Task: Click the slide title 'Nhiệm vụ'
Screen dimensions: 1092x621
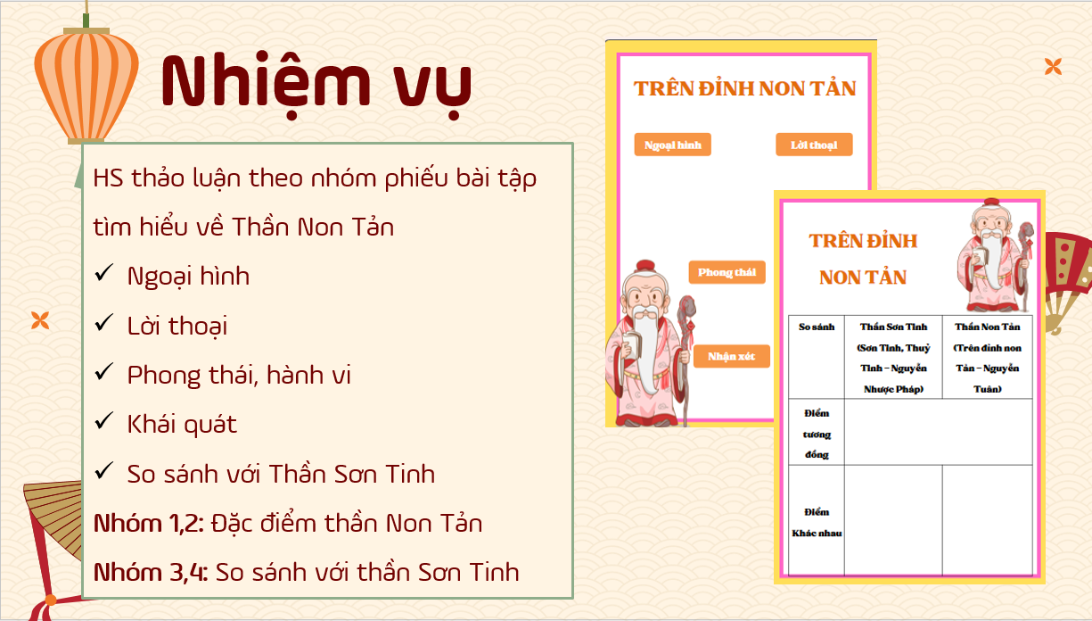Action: coord(316,84)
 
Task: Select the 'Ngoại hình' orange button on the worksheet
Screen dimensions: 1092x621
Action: coord(672,145)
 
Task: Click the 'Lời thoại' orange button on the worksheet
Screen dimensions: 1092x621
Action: coord(814,145)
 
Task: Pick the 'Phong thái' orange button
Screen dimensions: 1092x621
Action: coord(727,272)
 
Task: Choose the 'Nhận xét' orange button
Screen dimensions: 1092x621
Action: coord(731,356)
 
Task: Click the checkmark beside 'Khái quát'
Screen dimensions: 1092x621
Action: coord(103,421)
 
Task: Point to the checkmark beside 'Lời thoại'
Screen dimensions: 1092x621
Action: coord(103,322)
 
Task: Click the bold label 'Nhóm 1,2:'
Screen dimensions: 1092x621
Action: coord(149,524)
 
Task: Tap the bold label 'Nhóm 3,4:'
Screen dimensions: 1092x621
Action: coord(151,573)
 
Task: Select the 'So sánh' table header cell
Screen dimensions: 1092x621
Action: coord(817,357)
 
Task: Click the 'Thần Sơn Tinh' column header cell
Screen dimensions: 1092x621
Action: coord(893,357)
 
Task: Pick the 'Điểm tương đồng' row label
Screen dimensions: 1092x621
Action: coord(817,434)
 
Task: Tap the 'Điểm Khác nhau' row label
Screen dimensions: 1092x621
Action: coord(817,522)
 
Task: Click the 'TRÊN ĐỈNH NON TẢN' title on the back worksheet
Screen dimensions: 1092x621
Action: coord(744,89)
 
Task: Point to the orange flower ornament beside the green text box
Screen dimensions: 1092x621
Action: coord(40,320)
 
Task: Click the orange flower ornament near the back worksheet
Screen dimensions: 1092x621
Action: coord(1053,66)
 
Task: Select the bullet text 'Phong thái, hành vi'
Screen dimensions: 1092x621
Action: coord(239,375)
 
